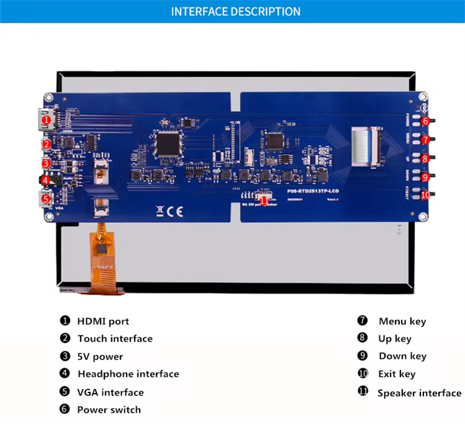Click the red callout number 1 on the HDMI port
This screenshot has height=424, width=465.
coord(46,119)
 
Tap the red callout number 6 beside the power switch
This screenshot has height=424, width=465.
coord(425,121)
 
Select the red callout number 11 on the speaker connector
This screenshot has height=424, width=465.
coord(264,199)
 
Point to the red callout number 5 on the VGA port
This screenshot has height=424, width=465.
coord(46,199)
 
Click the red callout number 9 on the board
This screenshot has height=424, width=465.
coord(425,177)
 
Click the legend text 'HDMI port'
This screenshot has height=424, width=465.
coord(103,321)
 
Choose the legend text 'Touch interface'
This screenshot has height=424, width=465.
coord(115,339)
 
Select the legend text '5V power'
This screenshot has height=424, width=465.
coord(100,357)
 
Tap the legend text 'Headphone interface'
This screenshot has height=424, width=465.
coord(128,374)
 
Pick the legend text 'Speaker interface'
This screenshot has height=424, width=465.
coord(419,392)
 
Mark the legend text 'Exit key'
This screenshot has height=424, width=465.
coord(397,374)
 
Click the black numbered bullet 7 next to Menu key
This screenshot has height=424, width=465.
coord(363,321)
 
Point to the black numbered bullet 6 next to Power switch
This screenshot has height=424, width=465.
coord(65,409)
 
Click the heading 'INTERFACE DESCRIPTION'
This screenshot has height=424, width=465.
coord(236,12)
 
